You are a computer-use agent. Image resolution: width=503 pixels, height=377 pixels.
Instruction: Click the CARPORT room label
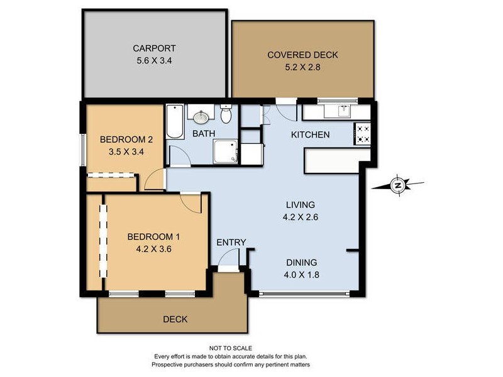coord(153,48)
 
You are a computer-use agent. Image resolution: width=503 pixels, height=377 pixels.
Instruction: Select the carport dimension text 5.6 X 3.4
coord(153,61)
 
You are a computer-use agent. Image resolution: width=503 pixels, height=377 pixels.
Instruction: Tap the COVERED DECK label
coord(302,55)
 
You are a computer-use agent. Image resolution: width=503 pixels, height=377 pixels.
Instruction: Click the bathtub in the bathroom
coord(174,122)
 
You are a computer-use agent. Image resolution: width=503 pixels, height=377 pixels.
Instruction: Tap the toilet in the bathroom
coord(227,116)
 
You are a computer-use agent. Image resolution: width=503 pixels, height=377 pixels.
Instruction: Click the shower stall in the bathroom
coord(226,151)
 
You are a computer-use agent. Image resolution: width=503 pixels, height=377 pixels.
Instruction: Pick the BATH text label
coord(204,134)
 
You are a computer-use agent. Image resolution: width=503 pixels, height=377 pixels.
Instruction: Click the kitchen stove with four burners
coord(363,133)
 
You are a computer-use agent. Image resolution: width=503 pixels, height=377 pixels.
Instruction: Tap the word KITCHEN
coord(310,134)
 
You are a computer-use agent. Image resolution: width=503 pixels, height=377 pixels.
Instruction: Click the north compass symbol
coord(397,185)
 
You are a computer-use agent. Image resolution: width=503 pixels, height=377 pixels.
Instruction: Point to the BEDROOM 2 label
coord(126,139)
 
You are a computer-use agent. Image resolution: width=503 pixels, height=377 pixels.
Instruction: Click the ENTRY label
coord(231,243)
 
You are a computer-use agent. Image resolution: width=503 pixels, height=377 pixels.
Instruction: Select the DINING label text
coord(302,263)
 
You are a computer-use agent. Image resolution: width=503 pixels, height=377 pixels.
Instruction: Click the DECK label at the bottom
coord(175,319)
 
